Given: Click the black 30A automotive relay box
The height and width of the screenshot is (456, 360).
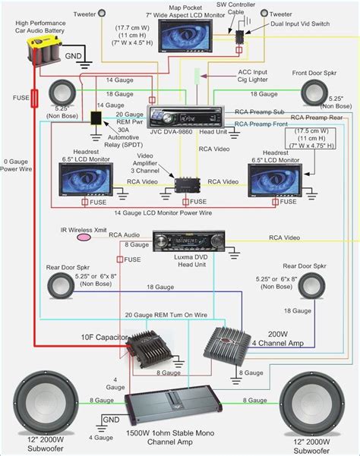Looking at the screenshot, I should pos(97,119).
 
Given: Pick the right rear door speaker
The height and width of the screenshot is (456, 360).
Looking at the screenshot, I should pos(311,287).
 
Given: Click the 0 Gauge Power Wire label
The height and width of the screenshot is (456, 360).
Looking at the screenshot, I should pos(17,166).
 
